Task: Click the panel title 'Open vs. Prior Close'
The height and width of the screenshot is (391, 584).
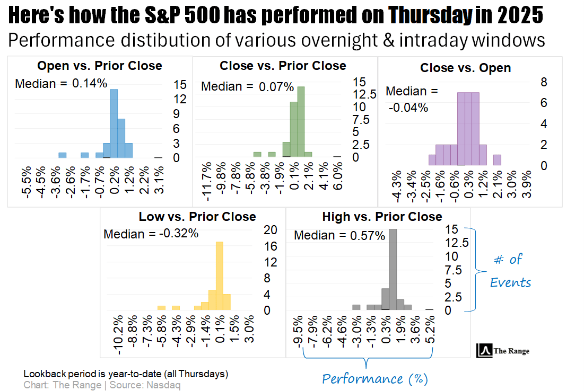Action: click(100, 66)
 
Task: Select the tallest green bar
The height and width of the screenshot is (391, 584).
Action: click(301, 122)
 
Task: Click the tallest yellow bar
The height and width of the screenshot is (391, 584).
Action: click(219, 276)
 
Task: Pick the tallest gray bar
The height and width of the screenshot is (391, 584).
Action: click(393, 269)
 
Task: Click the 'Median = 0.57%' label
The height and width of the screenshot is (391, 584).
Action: click(339, 236)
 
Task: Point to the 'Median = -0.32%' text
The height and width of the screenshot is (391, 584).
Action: click(151, 234)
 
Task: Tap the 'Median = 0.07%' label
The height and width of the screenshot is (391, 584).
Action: click(248, 86)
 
